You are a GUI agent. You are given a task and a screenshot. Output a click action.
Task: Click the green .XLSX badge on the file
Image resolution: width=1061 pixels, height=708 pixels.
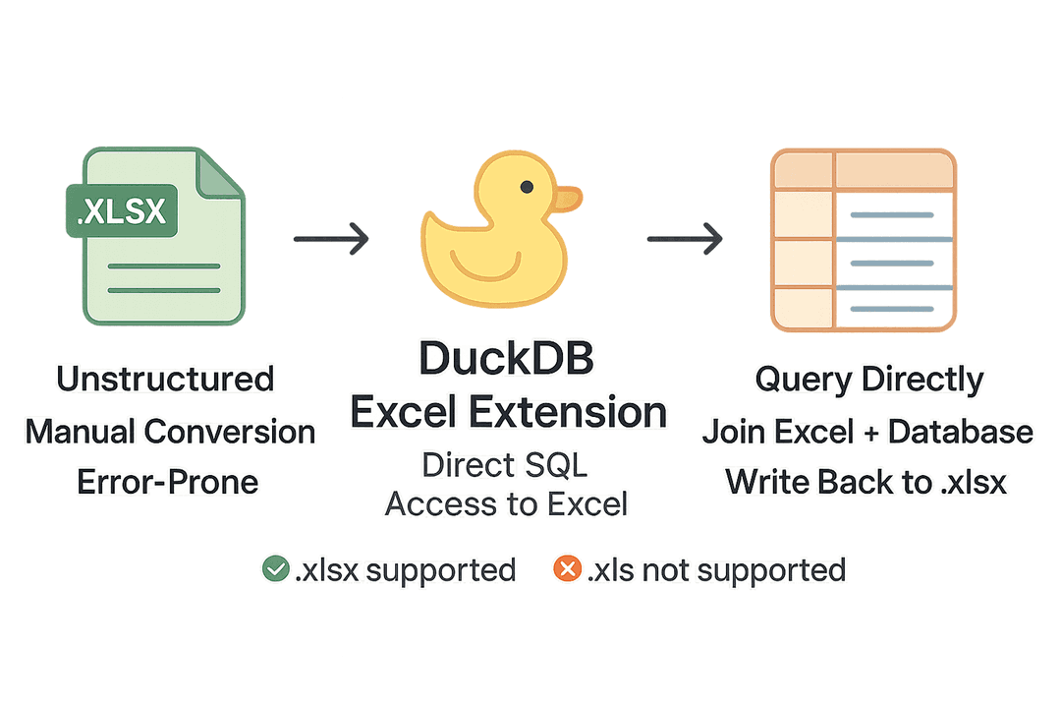pyautogui.click(x=121, y=210)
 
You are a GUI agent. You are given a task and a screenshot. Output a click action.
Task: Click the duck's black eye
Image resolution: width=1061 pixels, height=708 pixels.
pyautogui.click(x=528, y=186)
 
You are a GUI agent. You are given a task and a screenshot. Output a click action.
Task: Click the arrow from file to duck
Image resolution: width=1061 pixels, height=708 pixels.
pyautogui.click(x=331, y=237)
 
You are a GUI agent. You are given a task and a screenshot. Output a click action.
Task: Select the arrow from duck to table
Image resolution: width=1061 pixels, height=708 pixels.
pyautogui.click(x=685, y=237)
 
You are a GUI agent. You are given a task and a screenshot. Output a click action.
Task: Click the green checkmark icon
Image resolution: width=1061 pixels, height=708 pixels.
pyautogui.click(x=275, y=568)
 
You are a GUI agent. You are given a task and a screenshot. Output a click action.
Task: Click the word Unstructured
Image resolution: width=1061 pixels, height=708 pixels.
pyautogui.click(x=165, y=379)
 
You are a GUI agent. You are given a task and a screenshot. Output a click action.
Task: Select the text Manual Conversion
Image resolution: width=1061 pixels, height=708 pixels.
pyautogui.click(x=170, y=431)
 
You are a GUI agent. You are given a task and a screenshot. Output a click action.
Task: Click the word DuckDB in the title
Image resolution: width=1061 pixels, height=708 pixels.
pyautogui.click(x=507, y=360)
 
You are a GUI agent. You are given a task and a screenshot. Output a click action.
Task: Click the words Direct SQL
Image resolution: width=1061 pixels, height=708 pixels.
pyautogui.click(x=507, y=465)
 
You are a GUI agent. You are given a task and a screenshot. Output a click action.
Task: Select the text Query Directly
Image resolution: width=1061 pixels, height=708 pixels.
pyautogui.click(x=868, y=380)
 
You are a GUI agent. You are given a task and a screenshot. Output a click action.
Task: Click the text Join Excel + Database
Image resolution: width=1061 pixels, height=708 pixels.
pyautogui.click(x=867, y=431)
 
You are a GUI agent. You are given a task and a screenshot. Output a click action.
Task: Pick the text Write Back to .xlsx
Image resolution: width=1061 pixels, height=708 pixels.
pyautogui.click(x=867, y=482)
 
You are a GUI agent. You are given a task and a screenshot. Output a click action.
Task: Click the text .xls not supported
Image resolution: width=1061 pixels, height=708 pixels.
pyautogui.click(x=715, y=568)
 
